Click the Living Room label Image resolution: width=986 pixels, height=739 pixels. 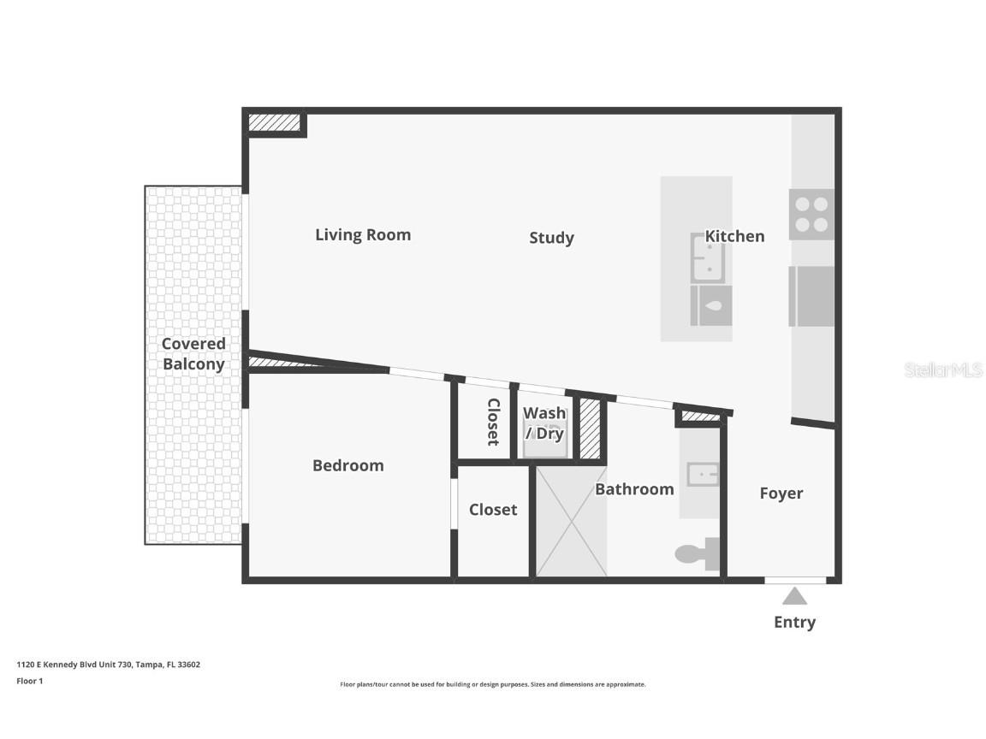[363, 234]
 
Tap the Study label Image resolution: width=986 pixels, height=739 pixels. [551, 238]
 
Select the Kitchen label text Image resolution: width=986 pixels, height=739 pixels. [734, 236]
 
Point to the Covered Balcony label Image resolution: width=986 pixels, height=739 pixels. [193, 354]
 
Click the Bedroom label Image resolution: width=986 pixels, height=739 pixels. [347, 465]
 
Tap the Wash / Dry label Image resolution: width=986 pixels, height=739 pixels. [544, 423]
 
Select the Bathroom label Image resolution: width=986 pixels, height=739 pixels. [634, 489]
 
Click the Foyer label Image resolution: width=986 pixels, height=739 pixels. [781, 494]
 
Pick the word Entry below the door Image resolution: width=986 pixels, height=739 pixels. [794, 623]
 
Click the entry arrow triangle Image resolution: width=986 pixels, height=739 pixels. [794, 596]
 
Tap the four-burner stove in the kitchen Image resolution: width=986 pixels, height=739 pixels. [811, 214]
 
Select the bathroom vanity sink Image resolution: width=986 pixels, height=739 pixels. [702, 474]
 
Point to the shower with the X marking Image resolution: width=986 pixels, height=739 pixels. [571, 520]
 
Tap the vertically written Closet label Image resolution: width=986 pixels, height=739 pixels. [493, 422]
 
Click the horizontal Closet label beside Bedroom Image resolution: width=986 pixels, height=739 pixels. [493, 510]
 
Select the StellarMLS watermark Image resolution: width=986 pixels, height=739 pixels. [942, 369]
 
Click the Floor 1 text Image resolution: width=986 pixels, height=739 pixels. [29, 681]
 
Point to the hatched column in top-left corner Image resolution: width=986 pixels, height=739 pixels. [275, 122]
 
